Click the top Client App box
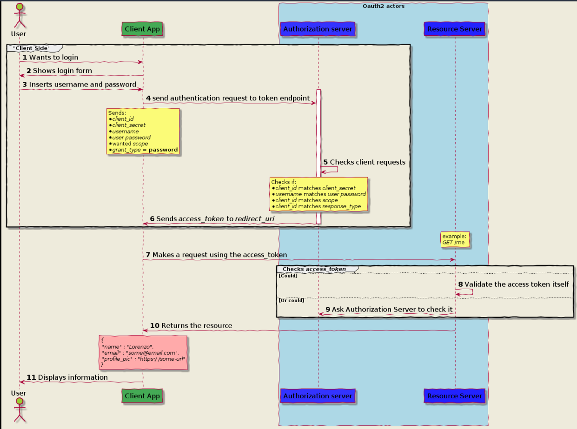point(142,29)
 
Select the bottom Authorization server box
point(318,396)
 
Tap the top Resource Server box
point(454,29)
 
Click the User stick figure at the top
point(20,15)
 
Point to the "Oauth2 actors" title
point(384,6)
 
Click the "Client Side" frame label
point(31,48)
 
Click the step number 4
point(148,98)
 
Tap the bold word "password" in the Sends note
point(163,150)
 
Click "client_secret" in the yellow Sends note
point(129,125)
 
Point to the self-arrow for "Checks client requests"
point(329,169)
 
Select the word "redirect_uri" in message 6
point(254,219)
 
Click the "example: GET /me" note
point(455,239)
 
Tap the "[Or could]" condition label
point(292,300)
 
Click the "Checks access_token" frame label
point(314,269)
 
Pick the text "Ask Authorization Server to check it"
point(392,310)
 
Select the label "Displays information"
point(73,377)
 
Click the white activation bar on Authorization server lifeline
point(318,157)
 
